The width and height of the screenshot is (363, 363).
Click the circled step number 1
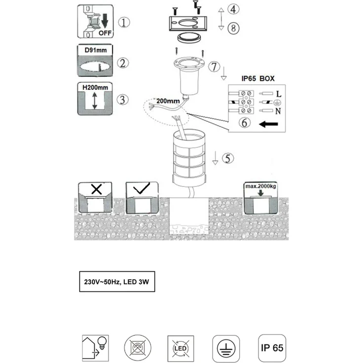point(124,23)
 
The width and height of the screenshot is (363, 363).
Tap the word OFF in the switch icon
point(105,33)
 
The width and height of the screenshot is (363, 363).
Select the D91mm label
point(96,50)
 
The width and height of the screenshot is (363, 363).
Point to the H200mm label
point(95,87)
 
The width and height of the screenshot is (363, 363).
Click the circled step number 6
point(245,122)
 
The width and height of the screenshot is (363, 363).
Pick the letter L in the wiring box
point(279,94)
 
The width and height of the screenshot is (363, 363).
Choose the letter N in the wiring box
point(278,111)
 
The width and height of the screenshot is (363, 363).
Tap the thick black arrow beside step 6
point(268,124)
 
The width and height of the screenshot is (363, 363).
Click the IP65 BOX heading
point(258,78)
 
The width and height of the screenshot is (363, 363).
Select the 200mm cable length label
point(168,101)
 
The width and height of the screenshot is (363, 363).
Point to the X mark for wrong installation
point(97,189)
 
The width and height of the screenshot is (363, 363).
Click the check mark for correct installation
point(142,188)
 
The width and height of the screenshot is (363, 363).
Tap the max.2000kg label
point(261,186)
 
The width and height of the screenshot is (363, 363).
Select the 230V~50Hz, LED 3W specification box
point(117,282)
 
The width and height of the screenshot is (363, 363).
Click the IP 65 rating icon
point(272,348)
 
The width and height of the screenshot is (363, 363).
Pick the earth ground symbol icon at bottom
point(226,348)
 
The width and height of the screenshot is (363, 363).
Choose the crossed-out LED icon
point(181,348)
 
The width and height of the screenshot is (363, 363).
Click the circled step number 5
point(228,158)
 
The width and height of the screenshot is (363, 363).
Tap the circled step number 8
point(233,28)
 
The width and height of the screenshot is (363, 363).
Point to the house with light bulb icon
point(95,348)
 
